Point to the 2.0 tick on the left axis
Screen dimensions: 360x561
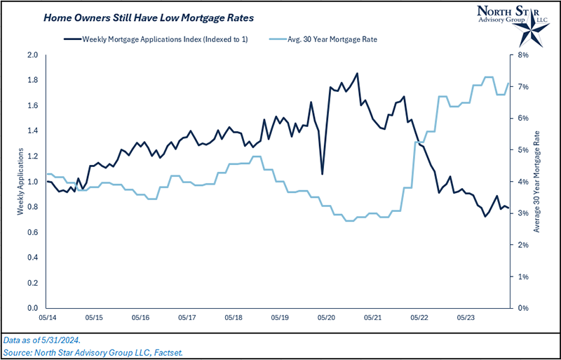click(x=32, y=55)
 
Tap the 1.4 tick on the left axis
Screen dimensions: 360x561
click(x=32, y=131)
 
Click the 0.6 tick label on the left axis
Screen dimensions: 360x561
click(x=32, y=232)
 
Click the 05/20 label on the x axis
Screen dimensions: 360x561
click(x=325, y=318)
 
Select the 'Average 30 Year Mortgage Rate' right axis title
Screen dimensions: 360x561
click(x=537, y=182)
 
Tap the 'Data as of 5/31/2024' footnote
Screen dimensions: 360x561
click(x=42, y=339)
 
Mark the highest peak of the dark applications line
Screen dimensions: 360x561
click(x=358, y=73)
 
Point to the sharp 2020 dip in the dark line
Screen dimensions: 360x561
click(x=322, y=174)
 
